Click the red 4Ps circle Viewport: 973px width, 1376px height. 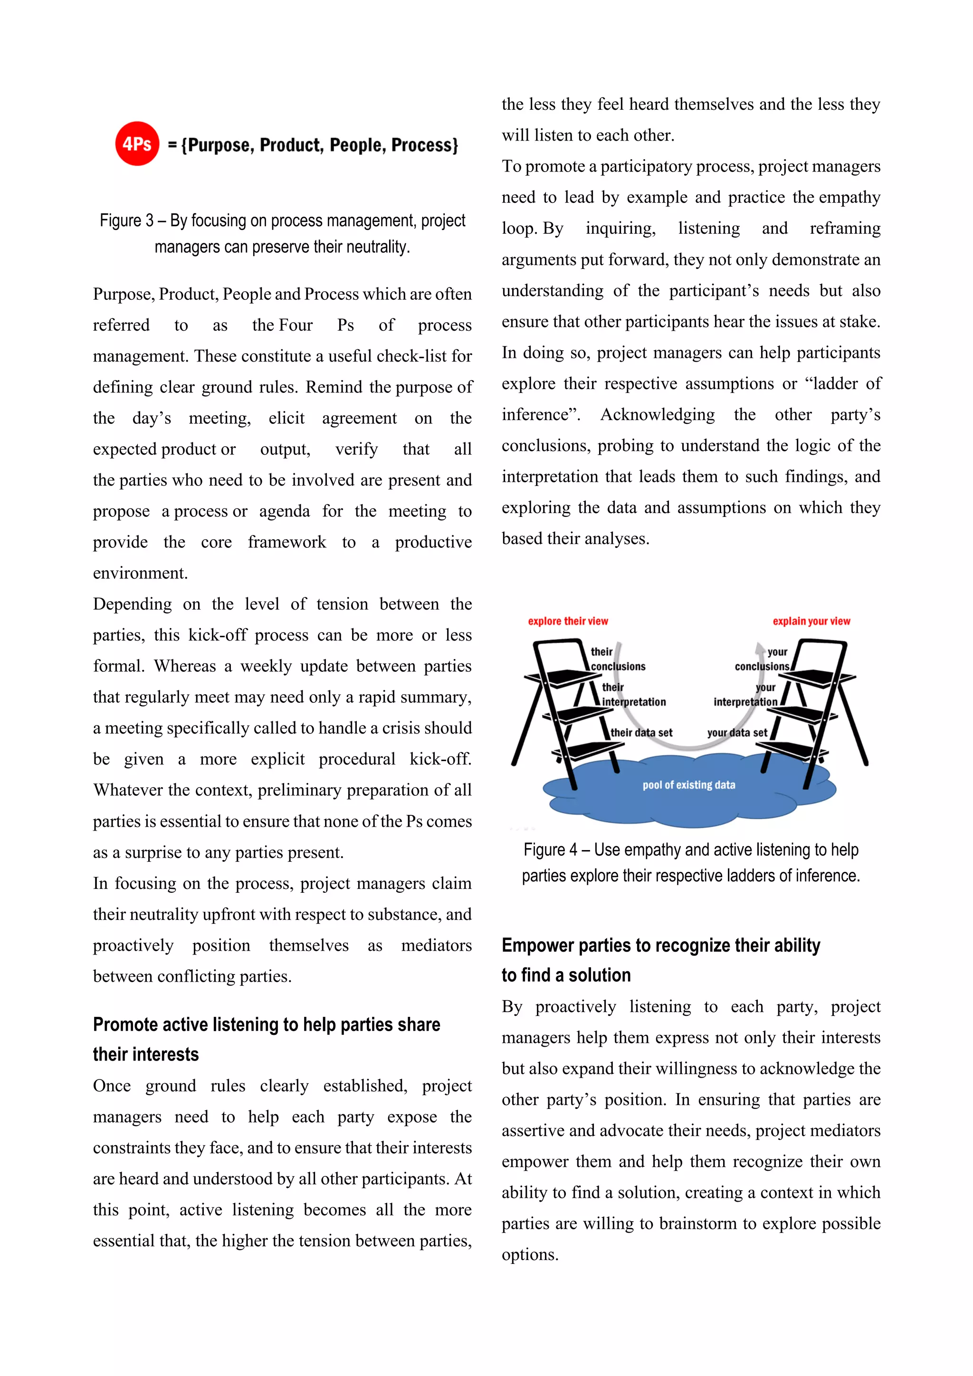(137, 144)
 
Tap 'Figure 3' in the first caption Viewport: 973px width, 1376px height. (126, 220)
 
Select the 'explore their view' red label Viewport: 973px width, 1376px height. (567, 621)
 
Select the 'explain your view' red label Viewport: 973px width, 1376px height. (811, 621)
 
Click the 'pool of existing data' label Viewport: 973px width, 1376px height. (688, 784)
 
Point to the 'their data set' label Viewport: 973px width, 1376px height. (641, 732)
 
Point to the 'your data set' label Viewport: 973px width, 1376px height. (737, 732)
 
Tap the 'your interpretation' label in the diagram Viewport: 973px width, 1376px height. (746, 695)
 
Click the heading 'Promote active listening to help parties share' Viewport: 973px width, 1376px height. (266, 1024)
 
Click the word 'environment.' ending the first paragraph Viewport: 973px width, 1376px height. (140, 573)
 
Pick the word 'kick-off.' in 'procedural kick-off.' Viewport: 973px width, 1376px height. (440, 759)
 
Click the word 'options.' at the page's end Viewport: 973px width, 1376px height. (530, 1254)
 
